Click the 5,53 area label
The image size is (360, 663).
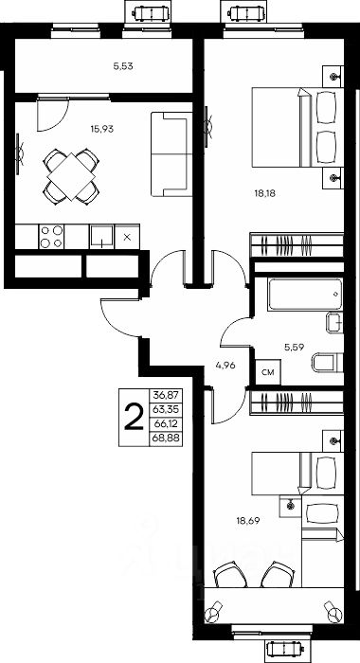pyautogui.click(x=120, y=66)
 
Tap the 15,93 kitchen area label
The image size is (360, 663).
pyautogui.click(x=102, y=129)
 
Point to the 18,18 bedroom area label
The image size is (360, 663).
pyautogui.click(x=261, y=193)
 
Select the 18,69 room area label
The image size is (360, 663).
pyautogui.click(x=247, y=521)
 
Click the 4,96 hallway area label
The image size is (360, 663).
pyautogui.click(x=225, y=366)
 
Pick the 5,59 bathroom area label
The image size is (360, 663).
pyautogui.click(x=294, y=348)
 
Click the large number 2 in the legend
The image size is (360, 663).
pyautogui.click(x=134, y=417)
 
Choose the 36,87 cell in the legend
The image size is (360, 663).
pyautogui.click(x=167, y=395)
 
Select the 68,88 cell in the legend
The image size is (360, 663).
pyautogui.click(x=167, y=439)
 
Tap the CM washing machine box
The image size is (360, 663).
pyautogui.click(x=268, y=372)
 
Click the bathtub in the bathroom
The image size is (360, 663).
pyautogui.click(x=305, y=294)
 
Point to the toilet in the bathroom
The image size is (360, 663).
pyautogui.click(x=328, y=363)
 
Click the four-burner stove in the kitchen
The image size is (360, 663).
pyautogui.click(x=51, y=237)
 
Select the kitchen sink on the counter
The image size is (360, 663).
pyautogui.click(x=101, y=237)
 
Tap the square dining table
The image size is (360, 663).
pyautogui.click(x=71, y=175)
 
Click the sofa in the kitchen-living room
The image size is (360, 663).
pyautogui.click(x=171, y=154)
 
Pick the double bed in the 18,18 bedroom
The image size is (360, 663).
pyautogui.click(x=297, y=127)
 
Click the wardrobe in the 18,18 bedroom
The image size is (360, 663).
pyautogui.click(x=297, y=244)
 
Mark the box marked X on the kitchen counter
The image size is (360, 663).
pyautogui.click(x=127, y=237)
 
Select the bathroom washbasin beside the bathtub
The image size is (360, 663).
pyautogui.click(x=334, y=324)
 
